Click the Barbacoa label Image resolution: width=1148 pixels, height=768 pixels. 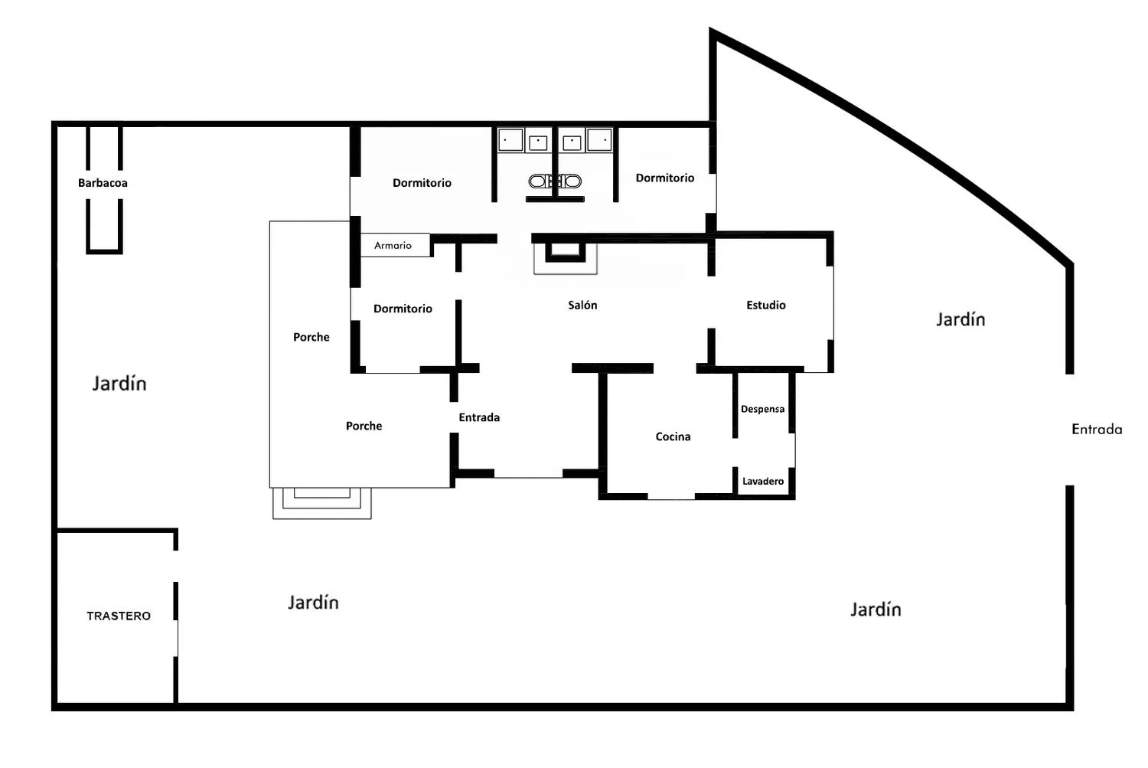[x=103, y=183]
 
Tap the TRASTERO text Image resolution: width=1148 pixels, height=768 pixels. [x=119, y=616]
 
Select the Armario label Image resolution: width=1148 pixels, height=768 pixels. [x=393, y=246]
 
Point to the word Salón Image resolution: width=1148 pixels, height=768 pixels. [x=582, y=305]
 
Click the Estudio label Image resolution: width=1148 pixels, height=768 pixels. [x=766, y=305]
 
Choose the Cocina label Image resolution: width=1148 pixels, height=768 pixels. [x=673, y=436]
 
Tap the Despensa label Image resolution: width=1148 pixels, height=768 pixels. [x=762, y=409]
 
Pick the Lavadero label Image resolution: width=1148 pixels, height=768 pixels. [x=763, y=481]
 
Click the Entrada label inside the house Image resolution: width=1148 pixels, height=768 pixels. [x=479, y=417]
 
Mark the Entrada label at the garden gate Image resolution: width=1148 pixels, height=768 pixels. [x=1097, y=430]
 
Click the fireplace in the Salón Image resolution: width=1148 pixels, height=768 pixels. [x=566, y=253]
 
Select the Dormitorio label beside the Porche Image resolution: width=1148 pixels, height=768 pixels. [x=403, y=309]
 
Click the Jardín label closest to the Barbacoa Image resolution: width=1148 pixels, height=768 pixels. [x=119, y=384]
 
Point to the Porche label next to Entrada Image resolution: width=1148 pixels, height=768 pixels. [x=364, y=426]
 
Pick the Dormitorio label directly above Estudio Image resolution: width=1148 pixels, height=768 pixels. [x=665, y=178]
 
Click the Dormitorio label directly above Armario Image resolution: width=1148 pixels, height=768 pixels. [x=422, y=183]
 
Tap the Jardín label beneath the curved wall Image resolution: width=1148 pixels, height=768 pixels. [x=960, y=319]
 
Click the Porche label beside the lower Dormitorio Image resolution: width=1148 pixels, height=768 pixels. [x=311, y=337]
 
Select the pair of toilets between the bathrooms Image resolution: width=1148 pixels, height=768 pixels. [x=555, y=181]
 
